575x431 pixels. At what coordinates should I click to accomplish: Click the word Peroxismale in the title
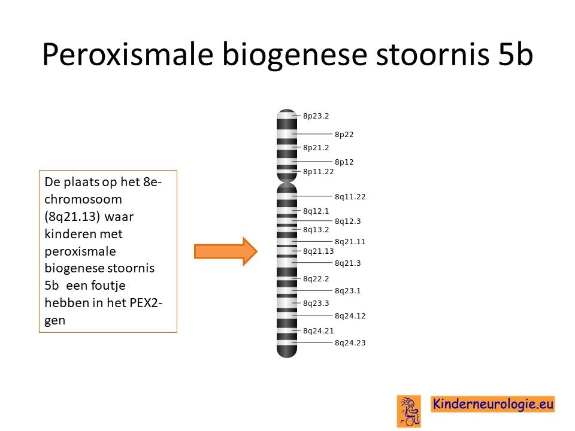(x=128, y=54)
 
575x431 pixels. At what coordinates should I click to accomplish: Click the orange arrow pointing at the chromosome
(x=226, y=251)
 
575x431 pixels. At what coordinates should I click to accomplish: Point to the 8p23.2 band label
(x=316, y=116)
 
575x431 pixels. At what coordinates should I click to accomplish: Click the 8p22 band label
(x=344, y=135)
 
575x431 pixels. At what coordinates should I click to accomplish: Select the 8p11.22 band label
(x=318, y=172)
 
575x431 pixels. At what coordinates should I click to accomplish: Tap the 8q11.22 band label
(x=350, y=197)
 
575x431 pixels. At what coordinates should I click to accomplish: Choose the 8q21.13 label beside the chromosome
(x=318, y=251)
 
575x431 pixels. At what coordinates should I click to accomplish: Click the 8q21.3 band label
(x=347, y=263)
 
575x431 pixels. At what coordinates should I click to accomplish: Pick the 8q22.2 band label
(x=316, y=279)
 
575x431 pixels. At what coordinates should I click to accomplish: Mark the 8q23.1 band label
(x=347, y=291)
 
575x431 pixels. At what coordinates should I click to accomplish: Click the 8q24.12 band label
(x=350, y=315)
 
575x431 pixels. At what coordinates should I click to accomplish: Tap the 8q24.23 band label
(x=350, y=342)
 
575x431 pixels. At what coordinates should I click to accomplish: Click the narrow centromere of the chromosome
(x=287, y=182)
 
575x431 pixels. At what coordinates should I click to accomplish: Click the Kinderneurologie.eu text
(x=493, y=404)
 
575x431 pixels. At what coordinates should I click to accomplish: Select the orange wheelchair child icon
(x=409, y=411)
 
